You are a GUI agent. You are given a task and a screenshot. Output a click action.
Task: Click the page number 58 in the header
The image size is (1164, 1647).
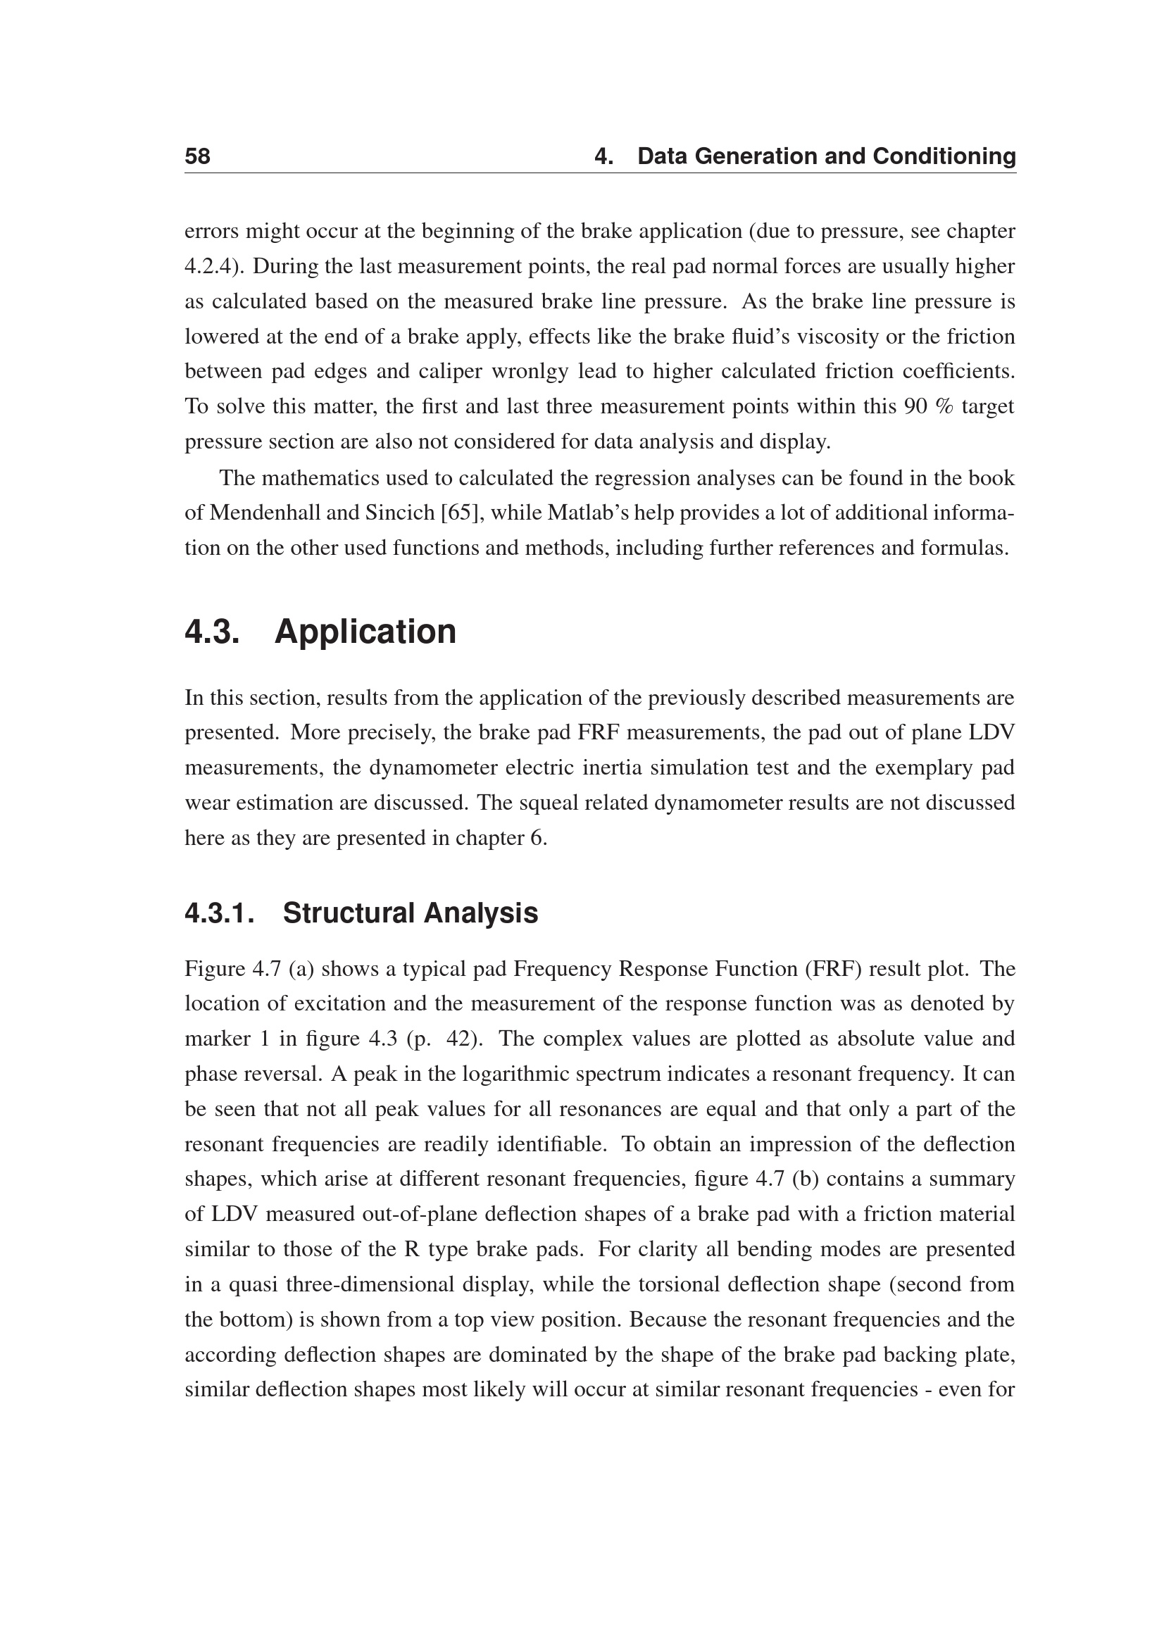point(197,156)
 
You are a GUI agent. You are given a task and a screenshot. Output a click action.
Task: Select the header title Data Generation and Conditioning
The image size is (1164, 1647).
point(826,156)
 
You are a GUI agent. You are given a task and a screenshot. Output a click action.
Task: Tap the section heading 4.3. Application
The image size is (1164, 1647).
point(320,632)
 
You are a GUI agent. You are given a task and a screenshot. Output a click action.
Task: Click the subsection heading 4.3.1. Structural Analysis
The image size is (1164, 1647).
point(361,913)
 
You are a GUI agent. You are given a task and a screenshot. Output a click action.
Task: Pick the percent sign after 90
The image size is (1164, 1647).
point(940,407)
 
